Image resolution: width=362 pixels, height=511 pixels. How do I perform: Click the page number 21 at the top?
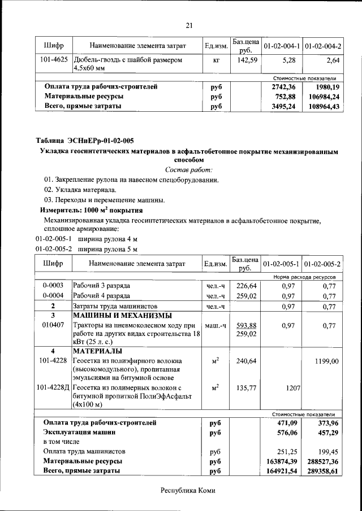tap(189, 24)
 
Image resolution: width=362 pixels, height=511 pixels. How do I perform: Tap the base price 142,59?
tap(247, 59)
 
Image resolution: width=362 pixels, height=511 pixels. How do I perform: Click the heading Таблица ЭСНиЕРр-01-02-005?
tap(85, 141)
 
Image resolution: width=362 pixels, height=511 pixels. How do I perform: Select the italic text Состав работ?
tap(189, 170)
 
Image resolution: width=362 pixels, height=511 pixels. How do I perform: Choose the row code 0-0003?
tap(53, 286)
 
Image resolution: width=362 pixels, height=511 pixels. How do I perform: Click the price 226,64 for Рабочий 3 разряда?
tap(247, 286)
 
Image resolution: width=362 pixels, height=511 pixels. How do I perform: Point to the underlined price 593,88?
tap(247, 325)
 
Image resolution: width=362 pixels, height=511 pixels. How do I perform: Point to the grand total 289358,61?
tap(322, 470)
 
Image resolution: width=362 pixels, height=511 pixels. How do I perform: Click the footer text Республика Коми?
tap(188, 491)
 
